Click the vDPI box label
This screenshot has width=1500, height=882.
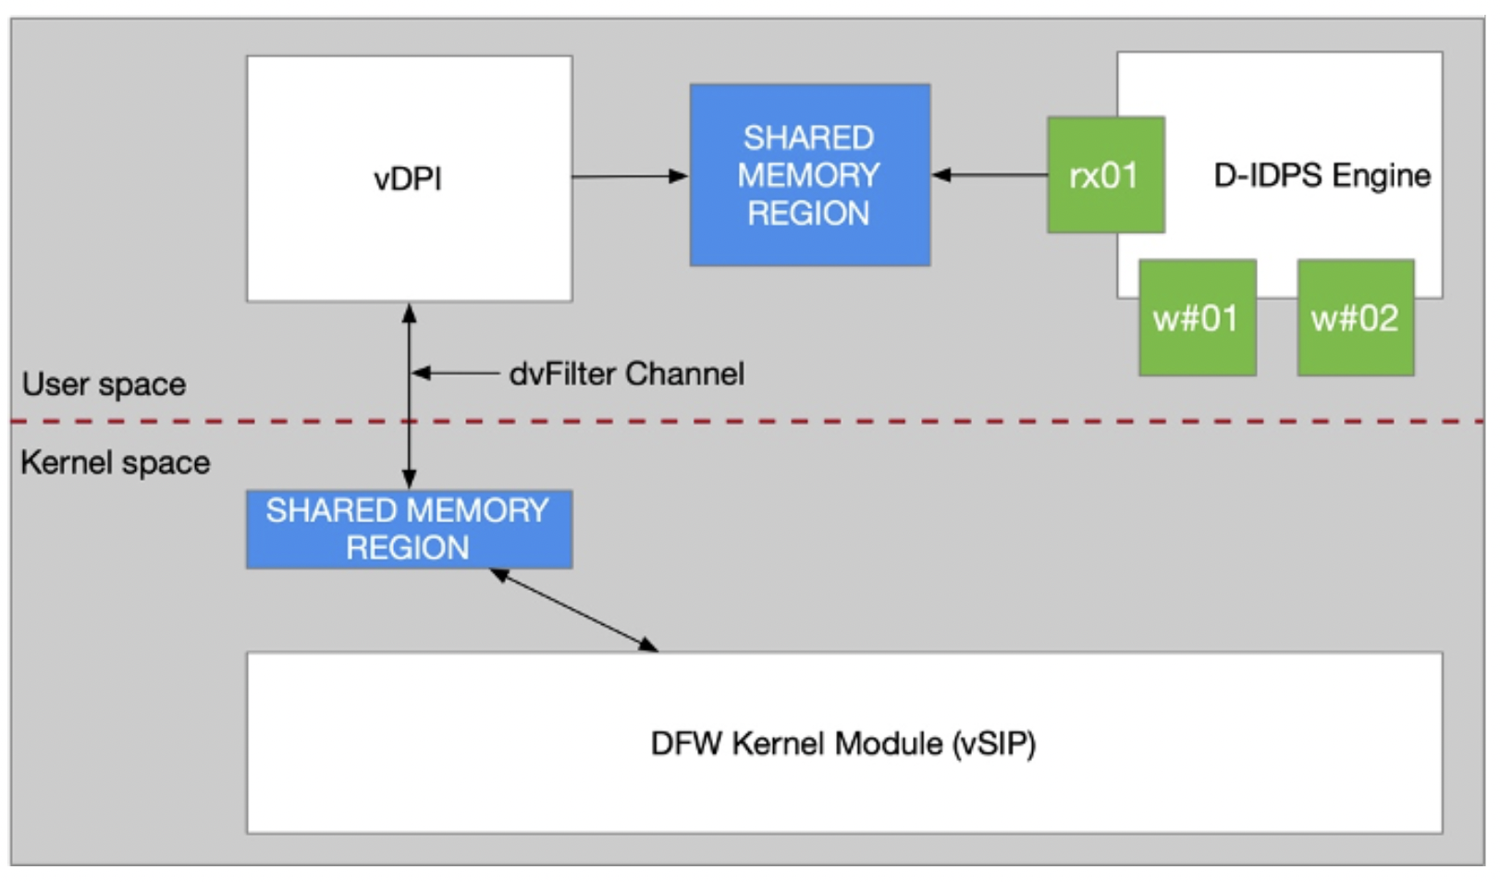coord(408,178)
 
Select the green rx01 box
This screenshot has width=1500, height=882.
coord(1105,175)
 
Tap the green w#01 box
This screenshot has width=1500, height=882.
coord(1197,318)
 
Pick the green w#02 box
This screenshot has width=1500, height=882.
coord(1355,318)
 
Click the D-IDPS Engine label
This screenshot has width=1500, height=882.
coord(1322,175)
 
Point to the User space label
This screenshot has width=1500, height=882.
coord(104,385)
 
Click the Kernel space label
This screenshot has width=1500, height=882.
coord(115,462)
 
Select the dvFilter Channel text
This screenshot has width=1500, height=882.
coord(626,374)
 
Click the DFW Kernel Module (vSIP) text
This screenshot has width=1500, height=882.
coord(843,743)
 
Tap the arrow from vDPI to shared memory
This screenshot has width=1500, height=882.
coord(630,176)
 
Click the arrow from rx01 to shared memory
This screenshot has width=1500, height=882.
coord(989,175)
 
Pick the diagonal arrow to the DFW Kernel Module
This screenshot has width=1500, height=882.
coord(574,610)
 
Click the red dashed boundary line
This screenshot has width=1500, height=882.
coord(832,422)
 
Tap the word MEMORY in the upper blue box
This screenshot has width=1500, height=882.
coord(808,175)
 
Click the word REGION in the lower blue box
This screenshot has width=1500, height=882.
coord(407,547)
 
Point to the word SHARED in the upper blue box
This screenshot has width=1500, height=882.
coord(808,138)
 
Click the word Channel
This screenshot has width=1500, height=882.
coord(684,374)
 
